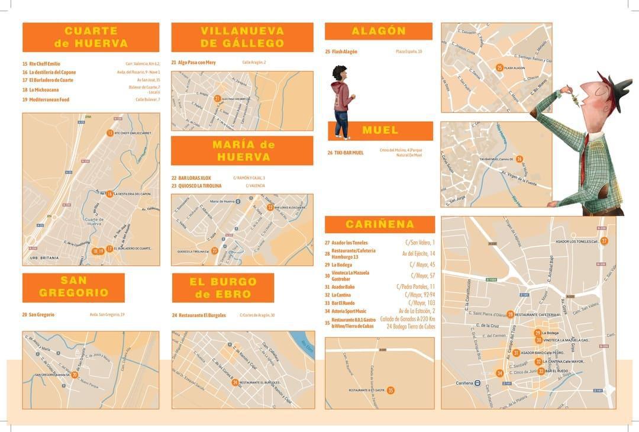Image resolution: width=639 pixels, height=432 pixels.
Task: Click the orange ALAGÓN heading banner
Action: point(379,31)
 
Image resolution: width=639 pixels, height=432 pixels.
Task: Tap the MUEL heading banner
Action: point(380,130)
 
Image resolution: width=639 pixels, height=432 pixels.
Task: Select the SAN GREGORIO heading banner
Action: point(73,286)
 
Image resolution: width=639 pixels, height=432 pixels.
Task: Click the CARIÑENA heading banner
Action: point(380,224)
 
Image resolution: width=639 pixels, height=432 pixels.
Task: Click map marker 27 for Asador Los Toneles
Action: point(604,241)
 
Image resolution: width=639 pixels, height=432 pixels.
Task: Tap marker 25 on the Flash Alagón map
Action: point(500,67)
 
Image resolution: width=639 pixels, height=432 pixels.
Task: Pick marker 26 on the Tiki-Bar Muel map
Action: point(519,159)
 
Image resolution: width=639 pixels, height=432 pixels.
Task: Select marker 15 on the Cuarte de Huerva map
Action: point(110,133)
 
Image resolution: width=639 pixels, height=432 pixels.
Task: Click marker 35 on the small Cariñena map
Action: point(390,390)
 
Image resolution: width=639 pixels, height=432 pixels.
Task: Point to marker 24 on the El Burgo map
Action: point(235,382)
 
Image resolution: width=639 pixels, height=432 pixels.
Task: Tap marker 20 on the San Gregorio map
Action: point(75,374)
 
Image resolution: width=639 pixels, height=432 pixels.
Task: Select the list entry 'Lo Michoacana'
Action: point(44,90)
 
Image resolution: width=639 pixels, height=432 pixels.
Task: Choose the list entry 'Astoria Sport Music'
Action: point(349,311)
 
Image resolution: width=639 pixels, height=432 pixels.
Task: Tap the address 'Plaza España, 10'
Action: point(409,51)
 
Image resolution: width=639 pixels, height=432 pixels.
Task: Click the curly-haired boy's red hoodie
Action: point(341,96)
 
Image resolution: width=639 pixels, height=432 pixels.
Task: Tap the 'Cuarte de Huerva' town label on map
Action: point(95,221)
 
